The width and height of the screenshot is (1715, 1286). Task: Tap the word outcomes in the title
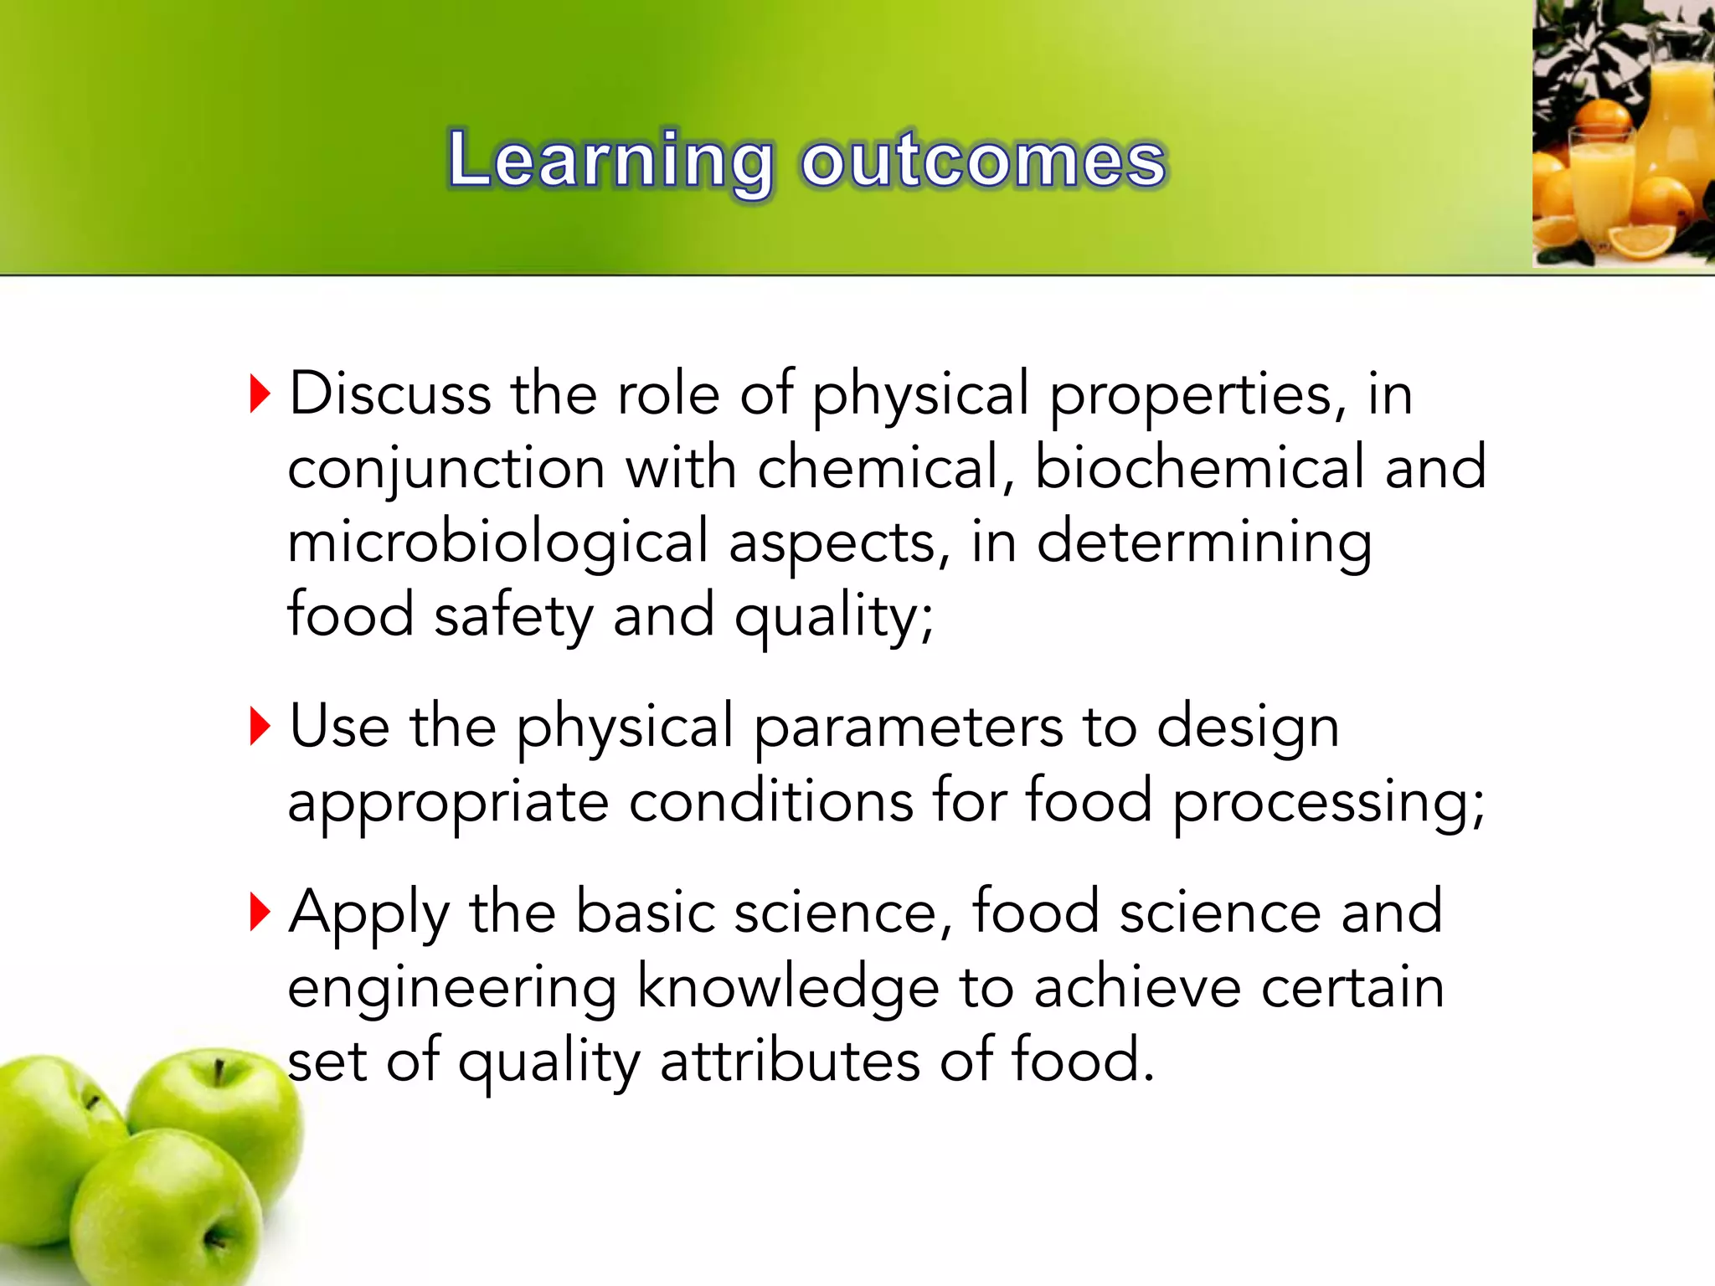(983, 161)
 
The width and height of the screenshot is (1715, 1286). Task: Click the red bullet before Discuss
(260, 394)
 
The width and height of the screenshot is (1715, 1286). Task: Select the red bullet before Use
(260, 726)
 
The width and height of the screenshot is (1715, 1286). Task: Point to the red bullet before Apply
(260, 912)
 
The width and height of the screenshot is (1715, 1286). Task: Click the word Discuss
(389, 394)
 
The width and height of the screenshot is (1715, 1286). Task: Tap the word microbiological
(497, 542)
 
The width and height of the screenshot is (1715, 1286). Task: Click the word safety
(513, 615)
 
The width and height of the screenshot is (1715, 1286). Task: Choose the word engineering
(452, 988)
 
